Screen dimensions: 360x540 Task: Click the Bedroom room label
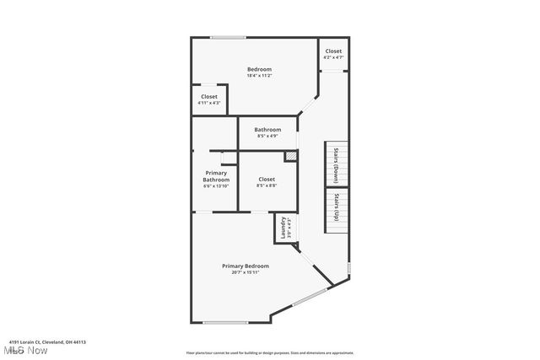(259, 69)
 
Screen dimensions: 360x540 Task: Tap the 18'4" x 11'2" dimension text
(259, 76)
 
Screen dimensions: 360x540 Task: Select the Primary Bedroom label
(246, 266)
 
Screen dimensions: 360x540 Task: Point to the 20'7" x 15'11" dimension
(246, 273)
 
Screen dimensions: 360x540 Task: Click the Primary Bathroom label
(216, 176)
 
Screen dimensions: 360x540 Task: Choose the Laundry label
(283, 228)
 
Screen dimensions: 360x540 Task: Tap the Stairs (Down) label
(336, 164)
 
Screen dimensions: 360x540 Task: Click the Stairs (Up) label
(336, 207)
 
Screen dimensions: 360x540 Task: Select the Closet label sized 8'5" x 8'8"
(267, 179)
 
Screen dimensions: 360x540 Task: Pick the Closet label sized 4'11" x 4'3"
(209, 97)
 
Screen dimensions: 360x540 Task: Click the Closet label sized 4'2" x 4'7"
(333, 51)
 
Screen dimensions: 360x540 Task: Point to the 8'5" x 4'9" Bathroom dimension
(267, 136)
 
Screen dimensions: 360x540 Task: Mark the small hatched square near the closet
(290, 156)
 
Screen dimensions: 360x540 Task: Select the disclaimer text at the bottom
(269, 353)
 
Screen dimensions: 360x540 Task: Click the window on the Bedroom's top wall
(228, 37)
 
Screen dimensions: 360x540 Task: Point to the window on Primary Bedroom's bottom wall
(225, 322)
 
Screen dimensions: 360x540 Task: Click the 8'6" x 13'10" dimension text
(216, 186)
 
